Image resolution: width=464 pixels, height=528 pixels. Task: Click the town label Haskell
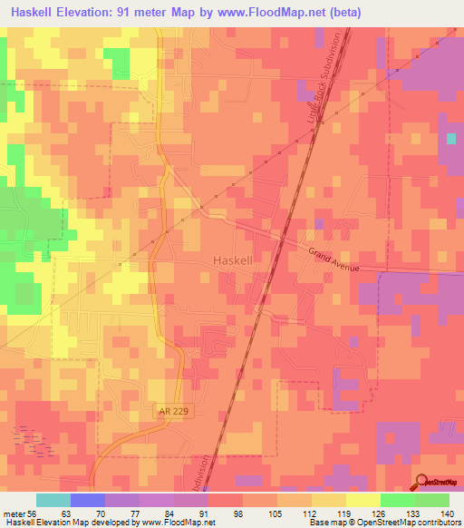(x=231, y=259)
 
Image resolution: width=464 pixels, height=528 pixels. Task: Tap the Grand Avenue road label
(x=333, y=260)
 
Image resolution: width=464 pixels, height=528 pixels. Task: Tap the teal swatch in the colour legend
(x=53, y=500)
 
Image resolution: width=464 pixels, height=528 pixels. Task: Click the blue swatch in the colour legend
(x=88, y=500)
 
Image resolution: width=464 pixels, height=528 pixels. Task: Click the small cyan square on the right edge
(x=451, y=139)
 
